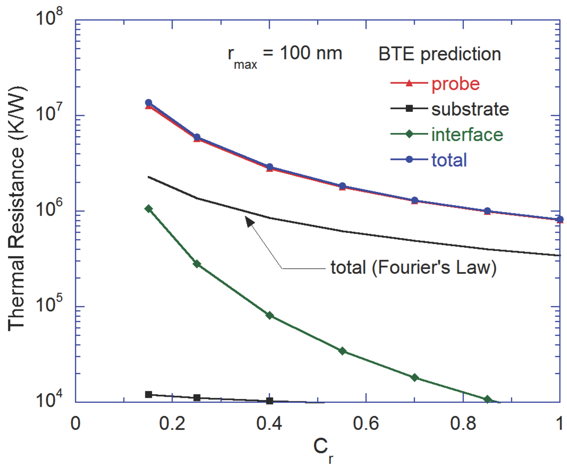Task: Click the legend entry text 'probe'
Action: [455, 84]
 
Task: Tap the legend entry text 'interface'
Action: [467, 134]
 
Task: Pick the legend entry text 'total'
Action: [449, 160]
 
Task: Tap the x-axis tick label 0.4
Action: [269, 423]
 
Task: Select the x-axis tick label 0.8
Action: [463, 423]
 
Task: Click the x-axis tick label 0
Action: [75, 423]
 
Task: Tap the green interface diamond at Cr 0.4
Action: [270, 315]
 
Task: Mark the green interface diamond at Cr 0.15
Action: [149, 209]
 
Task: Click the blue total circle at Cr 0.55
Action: [342, 186]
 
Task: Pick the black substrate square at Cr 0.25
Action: [197, 398]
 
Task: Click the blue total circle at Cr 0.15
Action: [149, 103]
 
